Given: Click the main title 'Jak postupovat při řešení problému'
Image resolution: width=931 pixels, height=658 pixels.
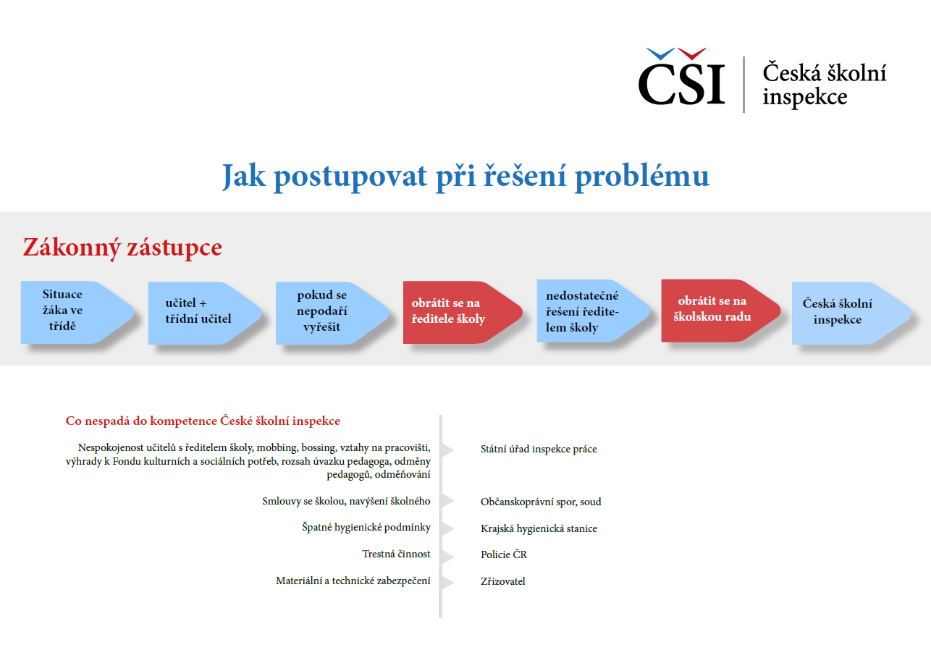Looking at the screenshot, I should (x=465, y=176).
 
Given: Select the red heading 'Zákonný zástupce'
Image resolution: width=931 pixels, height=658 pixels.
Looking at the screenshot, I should (x=122, y=248).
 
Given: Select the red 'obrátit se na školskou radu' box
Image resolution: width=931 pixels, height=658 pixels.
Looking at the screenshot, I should (x=714, y=309).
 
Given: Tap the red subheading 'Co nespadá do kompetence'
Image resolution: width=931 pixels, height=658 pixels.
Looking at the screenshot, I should (x=203, y=421).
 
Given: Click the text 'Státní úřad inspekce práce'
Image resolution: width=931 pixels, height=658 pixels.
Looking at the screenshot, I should (x=539, y=449).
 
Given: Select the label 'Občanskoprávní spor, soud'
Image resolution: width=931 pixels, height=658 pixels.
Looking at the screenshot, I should (x=541, y=502).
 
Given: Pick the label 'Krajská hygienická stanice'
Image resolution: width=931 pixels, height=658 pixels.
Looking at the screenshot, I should (x=539, y=528).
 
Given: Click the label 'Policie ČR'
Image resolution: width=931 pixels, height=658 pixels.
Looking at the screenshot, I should (x=504, y=554).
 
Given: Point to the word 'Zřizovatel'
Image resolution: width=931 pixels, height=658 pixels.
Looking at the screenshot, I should (x=502, y=581).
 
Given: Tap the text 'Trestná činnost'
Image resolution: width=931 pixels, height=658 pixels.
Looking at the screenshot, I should (x=396, y=554).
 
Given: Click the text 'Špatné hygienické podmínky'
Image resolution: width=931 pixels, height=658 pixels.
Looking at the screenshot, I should (x=366, y=527).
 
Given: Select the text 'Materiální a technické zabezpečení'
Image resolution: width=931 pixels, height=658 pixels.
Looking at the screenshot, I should (x=353, y=581).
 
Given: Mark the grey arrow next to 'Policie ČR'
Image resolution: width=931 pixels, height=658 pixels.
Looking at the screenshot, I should (x=448, y=556).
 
